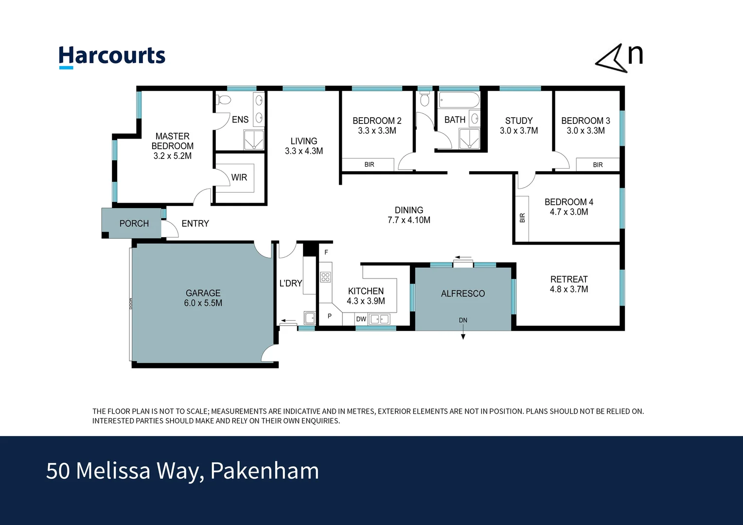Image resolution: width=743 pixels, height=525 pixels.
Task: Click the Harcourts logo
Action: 112,56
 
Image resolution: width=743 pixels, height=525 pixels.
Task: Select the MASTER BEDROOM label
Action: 172,141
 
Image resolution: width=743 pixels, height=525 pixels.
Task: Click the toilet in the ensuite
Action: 224,101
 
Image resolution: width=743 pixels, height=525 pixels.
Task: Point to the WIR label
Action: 239,177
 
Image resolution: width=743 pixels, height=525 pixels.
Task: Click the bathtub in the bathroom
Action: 459,100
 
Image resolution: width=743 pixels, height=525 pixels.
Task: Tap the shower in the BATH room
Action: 469,139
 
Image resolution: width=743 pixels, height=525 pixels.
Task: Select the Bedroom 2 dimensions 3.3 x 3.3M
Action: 377,131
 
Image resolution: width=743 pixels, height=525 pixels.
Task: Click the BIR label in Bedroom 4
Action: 522,218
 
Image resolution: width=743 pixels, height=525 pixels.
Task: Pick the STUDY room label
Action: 518,121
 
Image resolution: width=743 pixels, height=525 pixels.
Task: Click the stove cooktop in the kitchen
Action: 325,277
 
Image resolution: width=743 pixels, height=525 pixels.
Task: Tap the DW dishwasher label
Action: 361,319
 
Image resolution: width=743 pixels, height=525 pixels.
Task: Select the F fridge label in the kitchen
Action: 326,252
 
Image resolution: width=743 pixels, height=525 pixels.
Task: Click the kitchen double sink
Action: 379,319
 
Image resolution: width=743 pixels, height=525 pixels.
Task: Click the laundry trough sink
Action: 309,318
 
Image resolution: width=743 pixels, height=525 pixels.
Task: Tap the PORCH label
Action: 134,224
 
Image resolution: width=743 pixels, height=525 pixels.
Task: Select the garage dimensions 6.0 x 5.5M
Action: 203,303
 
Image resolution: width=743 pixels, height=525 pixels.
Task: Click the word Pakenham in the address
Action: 265,471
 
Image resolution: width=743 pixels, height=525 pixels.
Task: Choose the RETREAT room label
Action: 568,280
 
